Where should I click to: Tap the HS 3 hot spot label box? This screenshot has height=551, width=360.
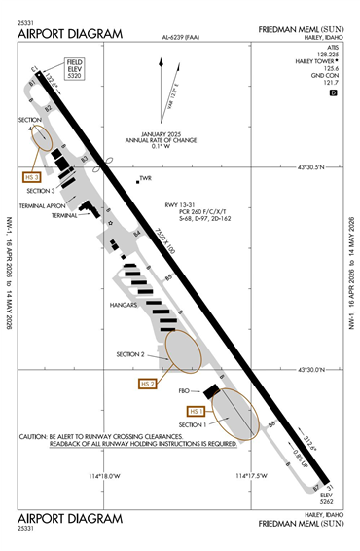pos(32,176)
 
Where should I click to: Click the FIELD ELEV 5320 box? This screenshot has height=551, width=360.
pos(74,70)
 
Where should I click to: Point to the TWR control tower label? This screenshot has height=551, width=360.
pos(148,178)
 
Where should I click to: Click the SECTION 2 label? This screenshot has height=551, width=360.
pos(130,354)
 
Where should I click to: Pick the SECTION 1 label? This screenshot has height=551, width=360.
pos(195,424)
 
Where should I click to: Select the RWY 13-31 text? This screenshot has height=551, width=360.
pos(180,206)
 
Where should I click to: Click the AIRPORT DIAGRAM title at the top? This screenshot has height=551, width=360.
pos(70,34)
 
